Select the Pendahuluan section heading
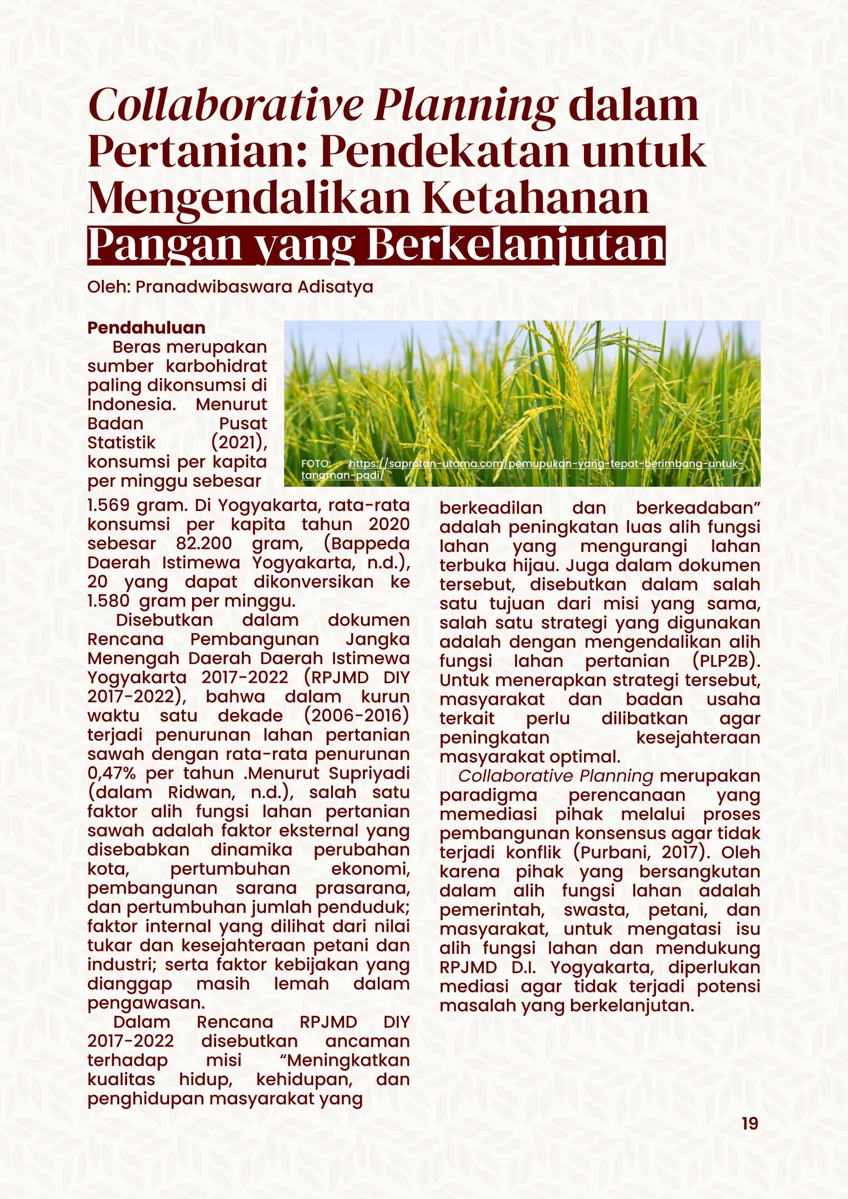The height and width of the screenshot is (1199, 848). coord(146,328)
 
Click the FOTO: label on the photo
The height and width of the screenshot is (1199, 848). coord(315,464)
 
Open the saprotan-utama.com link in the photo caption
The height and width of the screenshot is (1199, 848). coord(543,464)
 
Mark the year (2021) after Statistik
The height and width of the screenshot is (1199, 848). coord(239,443)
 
